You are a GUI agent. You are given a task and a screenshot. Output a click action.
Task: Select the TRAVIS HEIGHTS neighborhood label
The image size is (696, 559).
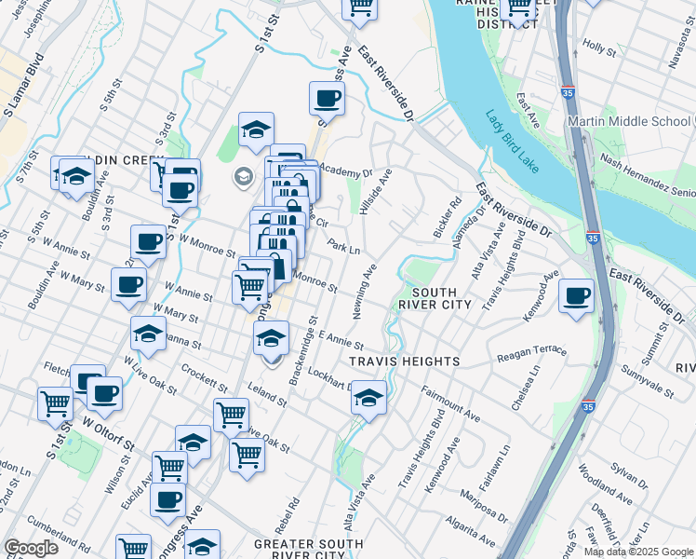point(405,361)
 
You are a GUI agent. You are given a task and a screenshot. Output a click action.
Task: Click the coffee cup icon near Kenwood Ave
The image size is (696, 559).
point(577,296)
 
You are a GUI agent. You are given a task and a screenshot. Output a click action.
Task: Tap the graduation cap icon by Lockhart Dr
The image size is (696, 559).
point(368,398)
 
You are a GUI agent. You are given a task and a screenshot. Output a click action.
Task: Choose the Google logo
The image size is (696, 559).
point(31,548)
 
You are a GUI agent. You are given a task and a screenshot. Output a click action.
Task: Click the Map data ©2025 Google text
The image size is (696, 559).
point(638,552)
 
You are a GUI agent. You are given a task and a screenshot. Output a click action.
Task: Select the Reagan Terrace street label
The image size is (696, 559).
point(531,352)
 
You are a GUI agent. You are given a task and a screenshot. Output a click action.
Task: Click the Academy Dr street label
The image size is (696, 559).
point(345,171)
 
